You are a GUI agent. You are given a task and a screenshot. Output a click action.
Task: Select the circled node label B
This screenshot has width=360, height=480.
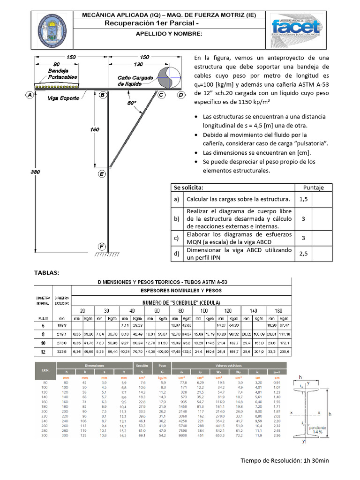[x=102, y=95]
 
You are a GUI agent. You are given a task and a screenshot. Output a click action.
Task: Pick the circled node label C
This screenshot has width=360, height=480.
[x=161, y=95]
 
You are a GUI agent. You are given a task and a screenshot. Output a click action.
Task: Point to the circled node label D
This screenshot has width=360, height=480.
[x=181, y=95]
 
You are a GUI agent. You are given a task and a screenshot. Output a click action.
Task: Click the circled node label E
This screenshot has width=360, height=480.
[x=102, y=174]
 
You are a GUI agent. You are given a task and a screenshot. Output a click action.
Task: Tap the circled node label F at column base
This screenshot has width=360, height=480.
[x=101, y=246]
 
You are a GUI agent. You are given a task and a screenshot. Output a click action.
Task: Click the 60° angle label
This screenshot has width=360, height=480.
[x=132, y=102]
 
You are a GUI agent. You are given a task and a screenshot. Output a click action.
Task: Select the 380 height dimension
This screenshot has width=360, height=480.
[x=35, y=172]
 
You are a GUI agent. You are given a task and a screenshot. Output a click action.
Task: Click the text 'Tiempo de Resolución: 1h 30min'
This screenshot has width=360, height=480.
[x=285, y=460]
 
